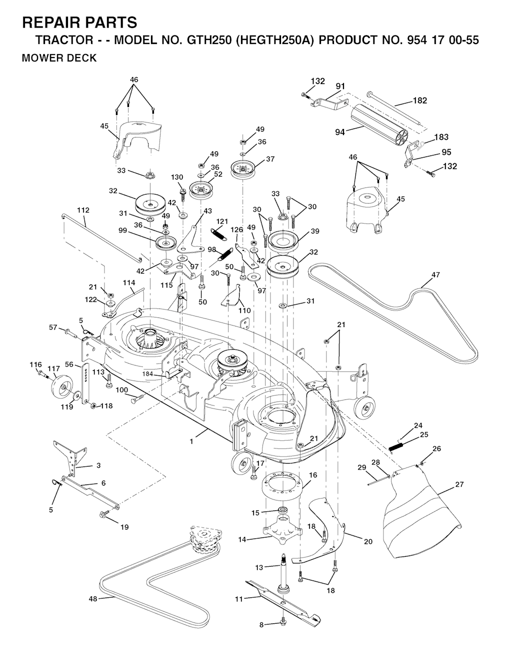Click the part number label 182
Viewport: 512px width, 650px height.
[x=420, y=100]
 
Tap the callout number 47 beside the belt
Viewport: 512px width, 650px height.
[x=435, y=274]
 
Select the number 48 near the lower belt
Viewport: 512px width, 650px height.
[x=93, y=599]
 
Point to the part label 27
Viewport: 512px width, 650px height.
[x=459, y=484]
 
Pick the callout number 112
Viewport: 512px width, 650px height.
[x=83, y=210]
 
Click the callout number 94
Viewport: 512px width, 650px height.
[x=340, y=132]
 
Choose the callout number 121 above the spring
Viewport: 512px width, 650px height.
[x=221, y=221]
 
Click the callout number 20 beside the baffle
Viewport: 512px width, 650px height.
[x=368, y=541]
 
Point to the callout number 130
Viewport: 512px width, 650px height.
[x=177, y=177]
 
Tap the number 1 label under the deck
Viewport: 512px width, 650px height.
[x=191, y=441]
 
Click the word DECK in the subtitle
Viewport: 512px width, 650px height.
[x=83, y=58]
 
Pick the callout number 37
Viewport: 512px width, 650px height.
[x=270, y=159]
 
